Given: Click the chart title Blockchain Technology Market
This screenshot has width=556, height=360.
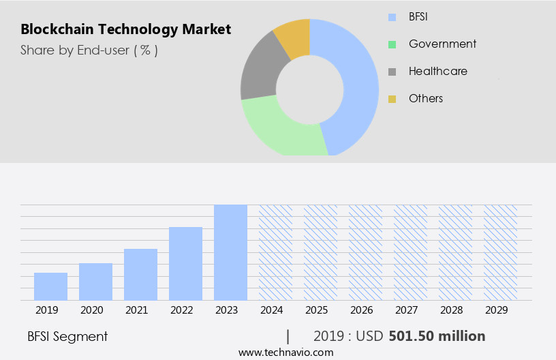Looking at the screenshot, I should [x=125, y=29].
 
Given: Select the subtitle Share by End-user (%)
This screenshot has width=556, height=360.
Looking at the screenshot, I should [x=89, y=50].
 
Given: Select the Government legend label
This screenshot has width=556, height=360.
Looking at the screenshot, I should [x=442, y=44].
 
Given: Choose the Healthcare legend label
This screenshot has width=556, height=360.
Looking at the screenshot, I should [x=437, y=71].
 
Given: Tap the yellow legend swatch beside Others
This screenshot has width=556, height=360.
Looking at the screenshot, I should [x=392, y=99].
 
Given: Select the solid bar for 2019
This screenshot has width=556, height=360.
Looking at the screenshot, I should [x=50, y=286].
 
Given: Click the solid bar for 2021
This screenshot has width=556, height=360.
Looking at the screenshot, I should [x=140, y=274].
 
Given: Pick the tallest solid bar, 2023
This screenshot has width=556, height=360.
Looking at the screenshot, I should [x=230, y=252].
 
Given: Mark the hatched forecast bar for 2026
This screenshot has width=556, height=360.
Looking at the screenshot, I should [x=365, y=252].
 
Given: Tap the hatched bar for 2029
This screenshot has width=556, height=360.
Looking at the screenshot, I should [x=500, y=252].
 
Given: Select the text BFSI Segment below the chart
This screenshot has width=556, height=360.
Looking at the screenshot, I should [x=67, y=336].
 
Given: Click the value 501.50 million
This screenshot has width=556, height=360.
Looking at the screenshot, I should [x=437, y=336].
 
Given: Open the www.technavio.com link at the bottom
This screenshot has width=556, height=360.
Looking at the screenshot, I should [x=286, y=352].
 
